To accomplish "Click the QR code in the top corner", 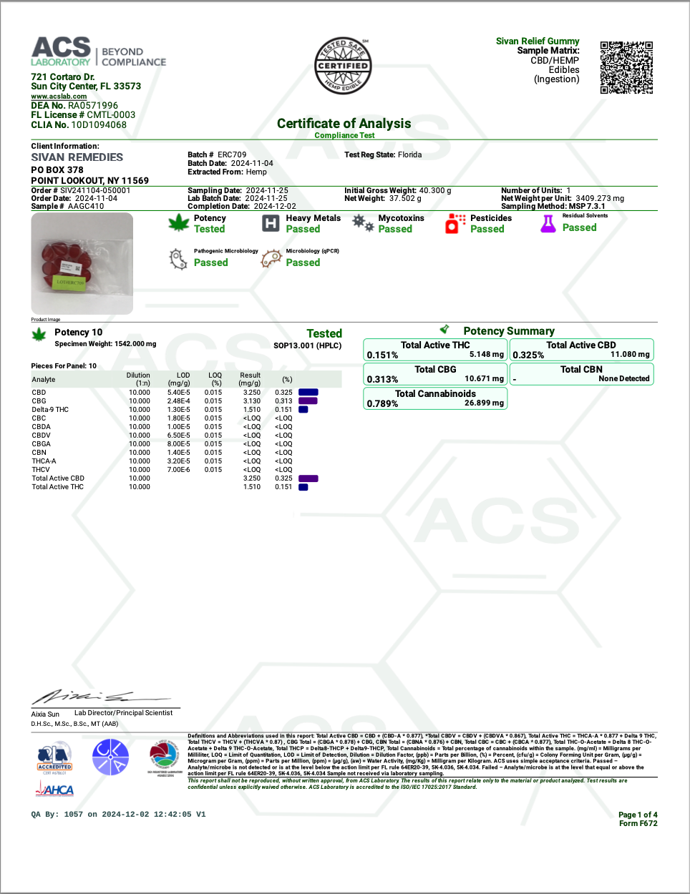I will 626,67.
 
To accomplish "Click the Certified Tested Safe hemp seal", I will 343,66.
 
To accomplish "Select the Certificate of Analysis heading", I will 344,124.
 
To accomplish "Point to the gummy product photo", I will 82,263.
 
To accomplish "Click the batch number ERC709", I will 232,154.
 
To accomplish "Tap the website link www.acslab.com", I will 59,97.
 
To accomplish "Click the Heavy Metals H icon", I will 271,223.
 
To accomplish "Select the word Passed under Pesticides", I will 487,230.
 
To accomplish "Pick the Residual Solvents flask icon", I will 548,224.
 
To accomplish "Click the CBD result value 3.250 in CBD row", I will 252,393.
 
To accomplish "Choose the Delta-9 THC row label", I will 50,410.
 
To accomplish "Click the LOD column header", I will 183,375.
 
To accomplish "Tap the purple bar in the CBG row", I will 308,401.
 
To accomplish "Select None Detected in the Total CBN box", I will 623,379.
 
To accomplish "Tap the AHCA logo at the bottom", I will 55,790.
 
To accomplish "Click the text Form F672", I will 638,824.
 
